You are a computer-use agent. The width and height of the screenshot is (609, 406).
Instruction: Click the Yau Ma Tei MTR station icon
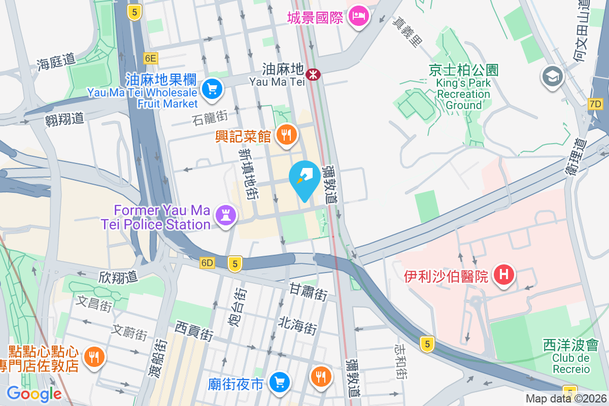(x=315, y=75)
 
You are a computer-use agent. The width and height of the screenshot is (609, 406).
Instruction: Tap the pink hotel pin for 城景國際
(x=359, y=16)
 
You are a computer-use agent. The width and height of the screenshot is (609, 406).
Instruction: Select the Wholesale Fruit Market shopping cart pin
(x=212, y=89)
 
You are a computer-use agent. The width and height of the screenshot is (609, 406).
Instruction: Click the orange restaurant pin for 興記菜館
(x=286, y=135)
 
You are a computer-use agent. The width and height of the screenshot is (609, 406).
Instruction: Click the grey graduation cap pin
(x=551, y=77)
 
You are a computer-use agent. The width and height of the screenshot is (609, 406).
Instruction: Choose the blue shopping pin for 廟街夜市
(x=279, y=381)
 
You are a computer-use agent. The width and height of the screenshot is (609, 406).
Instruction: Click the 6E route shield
(x=150, y=58)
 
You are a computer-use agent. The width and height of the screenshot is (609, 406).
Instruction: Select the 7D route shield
(x=595, y=105)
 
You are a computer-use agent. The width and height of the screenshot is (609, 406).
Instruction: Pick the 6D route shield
(x=207, y=263)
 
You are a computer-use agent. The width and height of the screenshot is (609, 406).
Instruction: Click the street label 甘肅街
(x=309, y=292)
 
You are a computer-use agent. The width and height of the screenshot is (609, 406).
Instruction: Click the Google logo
(x=34, y=394)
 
